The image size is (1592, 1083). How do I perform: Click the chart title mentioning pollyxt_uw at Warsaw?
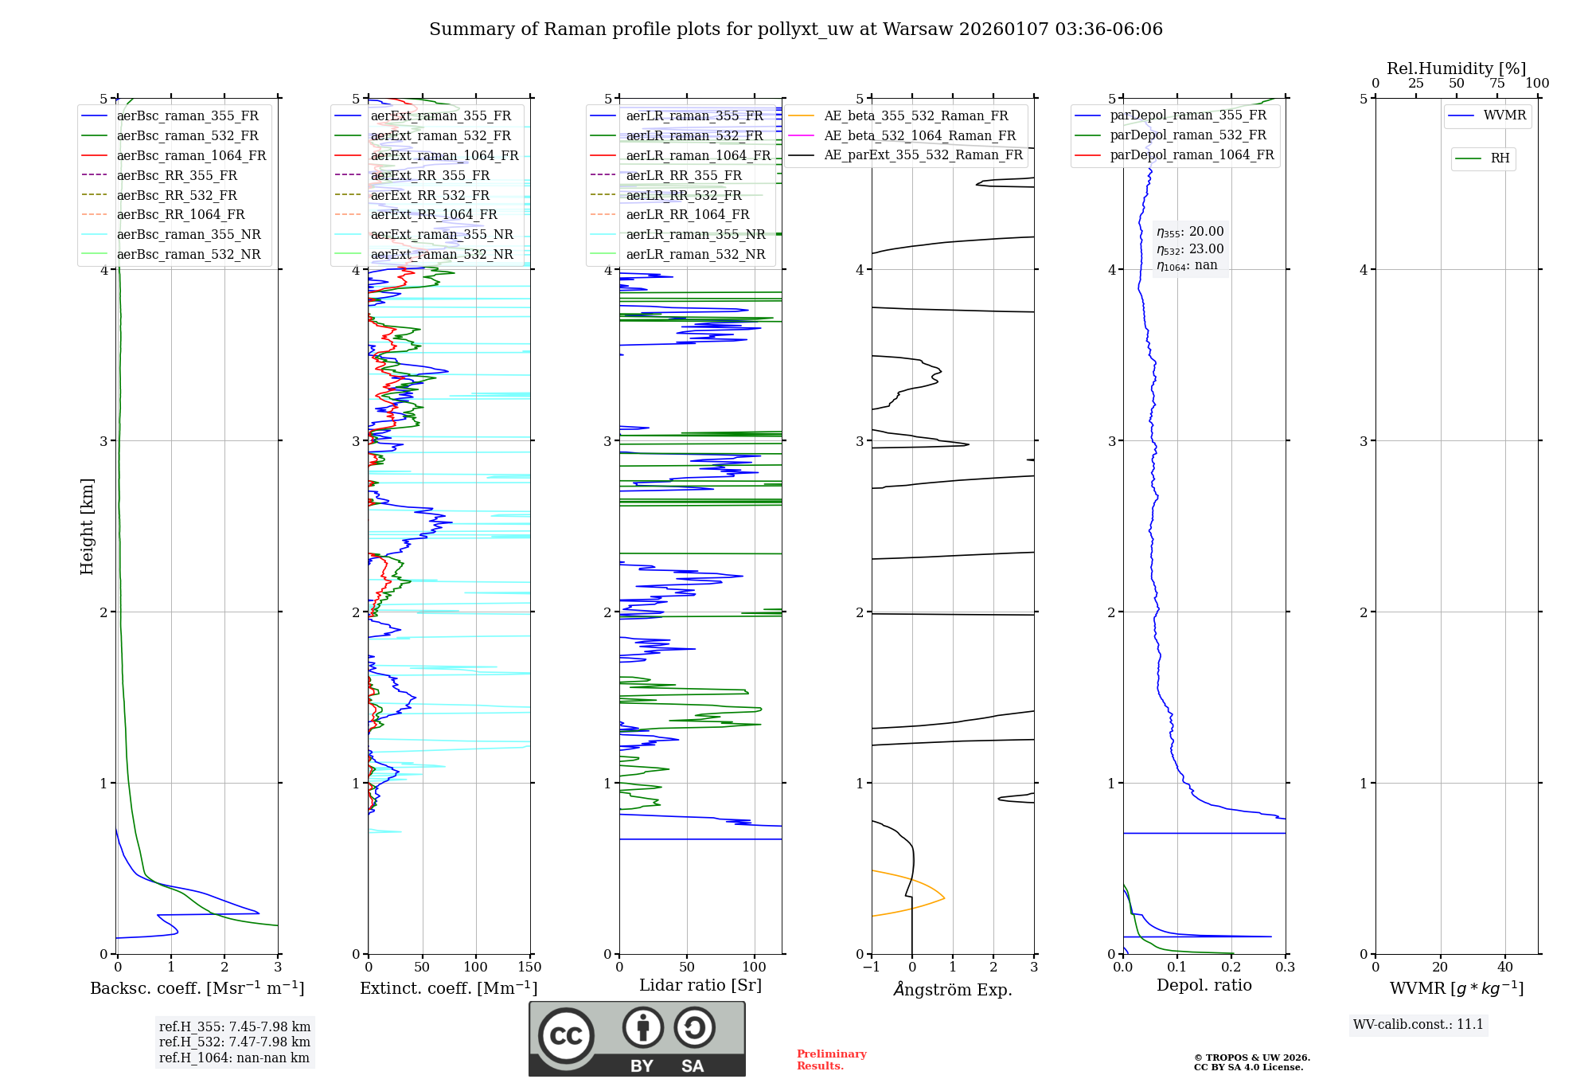(x=795, y=29)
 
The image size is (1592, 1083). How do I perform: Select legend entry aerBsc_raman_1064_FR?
(x=191, y=155)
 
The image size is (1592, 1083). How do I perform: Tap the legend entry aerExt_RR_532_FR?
(x=430, y=195)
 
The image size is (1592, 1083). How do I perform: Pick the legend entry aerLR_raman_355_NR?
(x=695, y=234)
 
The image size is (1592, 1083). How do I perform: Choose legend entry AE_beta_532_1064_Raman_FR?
(x=919, y=135)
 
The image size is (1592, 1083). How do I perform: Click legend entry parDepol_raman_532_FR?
(x=1188, y=135)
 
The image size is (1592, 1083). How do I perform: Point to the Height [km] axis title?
(x=87, y=526)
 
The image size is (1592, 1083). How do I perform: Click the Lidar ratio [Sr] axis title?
(x=700, y=985)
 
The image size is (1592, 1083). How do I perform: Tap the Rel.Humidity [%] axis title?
(x=1456, y=68)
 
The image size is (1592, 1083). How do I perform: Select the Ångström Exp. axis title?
(x=953, y=989)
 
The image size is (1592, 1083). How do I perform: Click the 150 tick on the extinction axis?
(x=529, y=968)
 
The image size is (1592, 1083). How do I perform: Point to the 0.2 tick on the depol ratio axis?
(x=1231, y=968)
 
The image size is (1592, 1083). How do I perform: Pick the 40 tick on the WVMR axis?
(x=1504, y=968)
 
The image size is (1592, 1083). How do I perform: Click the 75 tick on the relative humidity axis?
(x=1496, y=84)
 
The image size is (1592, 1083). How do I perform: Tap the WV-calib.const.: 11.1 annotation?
(x=1418, y=1024)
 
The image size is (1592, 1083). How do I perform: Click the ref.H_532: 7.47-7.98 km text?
(x=234, y=1042)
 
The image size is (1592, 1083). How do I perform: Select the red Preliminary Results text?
(x=831, y=1060)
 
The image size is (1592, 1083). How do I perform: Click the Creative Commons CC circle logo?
(x=566, y=1035)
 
